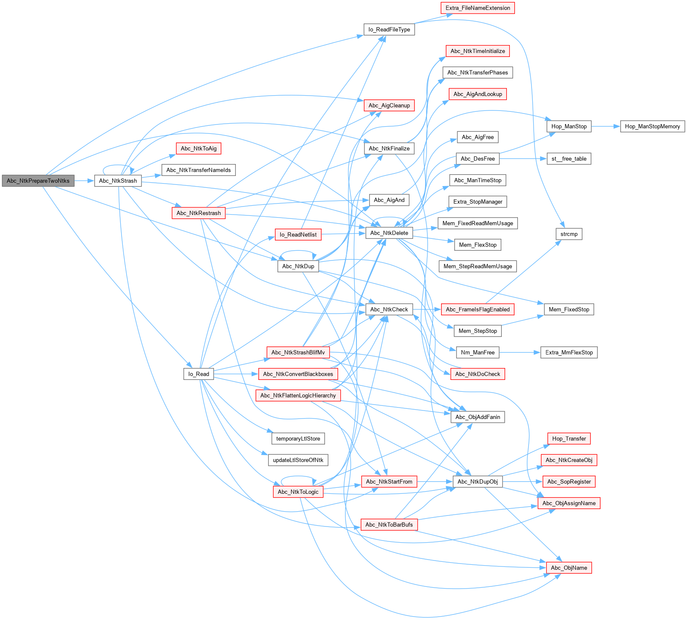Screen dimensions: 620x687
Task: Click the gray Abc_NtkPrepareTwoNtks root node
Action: click(38, 181)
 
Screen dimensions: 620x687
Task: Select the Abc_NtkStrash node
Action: click(118, 181)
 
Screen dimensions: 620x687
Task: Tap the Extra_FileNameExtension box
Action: click(478, 8)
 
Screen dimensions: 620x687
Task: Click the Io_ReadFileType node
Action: click(389, 29)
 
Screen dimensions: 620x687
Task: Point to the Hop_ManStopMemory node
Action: click(652, 126)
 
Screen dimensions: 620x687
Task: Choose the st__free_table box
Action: click(568, 159)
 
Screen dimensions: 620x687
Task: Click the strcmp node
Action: click(568, 234)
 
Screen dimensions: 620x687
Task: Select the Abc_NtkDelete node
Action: click(389, 233)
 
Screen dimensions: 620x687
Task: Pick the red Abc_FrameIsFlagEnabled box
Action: click(478, 309)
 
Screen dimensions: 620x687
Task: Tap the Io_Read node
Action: click(198, 374)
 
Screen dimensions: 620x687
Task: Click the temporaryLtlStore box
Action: click(298, 439)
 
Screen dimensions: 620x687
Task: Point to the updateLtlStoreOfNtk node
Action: click(298, 460)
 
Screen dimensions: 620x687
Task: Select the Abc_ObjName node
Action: click(568, 568)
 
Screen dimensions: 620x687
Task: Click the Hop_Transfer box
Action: click(568, 439)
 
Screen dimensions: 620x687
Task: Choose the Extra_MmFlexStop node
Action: click(568, 352)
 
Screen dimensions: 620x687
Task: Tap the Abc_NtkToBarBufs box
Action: click(389, 524)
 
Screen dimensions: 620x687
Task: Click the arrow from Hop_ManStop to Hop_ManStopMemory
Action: click(605, 126)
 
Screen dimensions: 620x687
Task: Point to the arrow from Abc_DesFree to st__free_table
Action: click(523, 159)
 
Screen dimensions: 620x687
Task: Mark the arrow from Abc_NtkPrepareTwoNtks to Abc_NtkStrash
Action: click(84, 181)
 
